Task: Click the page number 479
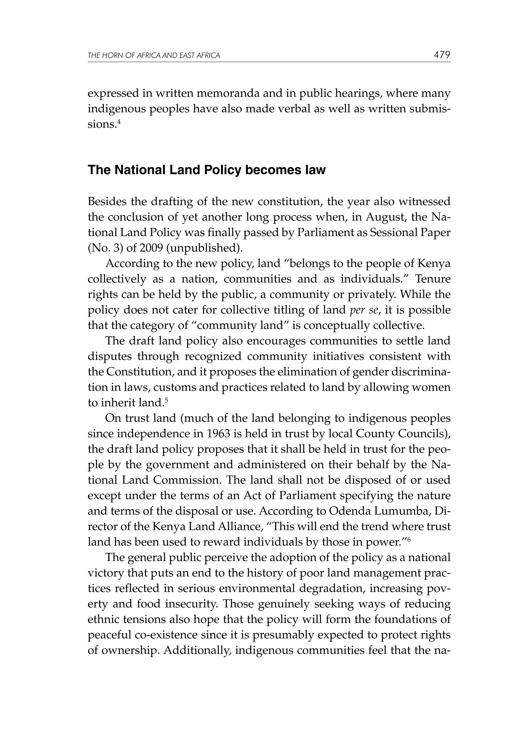click(442, 55)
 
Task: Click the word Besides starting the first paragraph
click(107, 202)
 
